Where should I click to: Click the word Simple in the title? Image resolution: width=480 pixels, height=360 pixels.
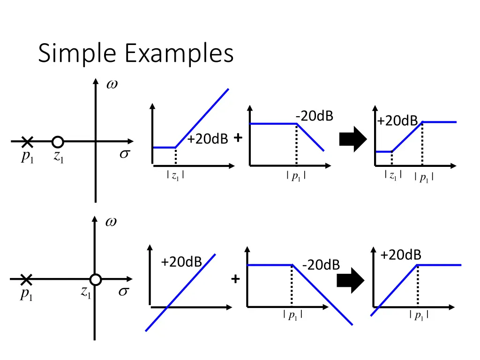point(77,53)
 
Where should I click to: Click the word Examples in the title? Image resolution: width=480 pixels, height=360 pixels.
point(180,53)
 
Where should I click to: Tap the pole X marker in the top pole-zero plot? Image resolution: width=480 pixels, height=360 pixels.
point(27,142)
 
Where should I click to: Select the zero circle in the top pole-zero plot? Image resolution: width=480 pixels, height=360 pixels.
point(58,142)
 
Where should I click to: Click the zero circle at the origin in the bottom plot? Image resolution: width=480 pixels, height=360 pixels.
point(96,279)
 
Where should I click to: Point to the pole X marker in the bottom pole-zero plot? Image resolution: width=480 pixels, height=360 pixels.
point(26,279)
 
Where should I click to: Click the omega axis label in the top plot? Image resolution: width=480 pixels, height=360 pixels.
point(112,84)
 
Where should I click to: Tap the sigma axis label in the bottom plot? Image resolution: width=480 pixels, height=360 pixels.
point(124,292)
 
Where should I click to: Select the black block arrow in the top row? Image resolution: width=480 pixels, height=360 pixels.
point(353,139)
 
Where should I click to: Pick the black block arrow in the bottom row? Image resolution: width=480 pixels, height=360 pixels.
point(351,280)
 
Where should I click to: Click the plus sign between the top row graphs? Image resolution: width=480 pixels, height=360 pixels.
point(238,138)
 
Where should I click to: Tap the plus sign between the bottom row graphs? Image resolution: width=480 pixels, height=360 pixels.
point(235,279)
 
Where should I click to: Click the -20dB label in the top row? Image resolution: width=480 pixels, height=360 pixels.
point(315,116)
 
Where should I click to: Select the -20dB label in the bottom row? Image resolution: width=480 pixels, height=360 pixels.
point(321,265)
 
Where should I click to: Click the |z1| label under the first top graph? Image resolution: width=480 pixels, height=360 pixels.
point(175,176)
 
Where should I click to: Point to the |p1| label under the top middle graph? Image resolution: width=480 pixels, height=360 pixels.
point(296,176)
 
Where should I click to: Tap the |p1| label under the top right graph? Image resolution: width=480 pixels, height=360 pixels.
point(424,177)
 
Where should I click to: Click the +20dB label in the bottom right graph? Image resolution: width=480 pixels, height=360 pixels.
point(401,255)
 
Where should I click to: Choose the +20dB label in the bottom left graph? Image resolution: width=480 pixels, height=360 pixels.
point(181,262)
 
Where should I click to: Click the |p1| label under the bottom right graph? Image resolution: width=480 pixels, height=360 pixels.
point(419,315)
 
